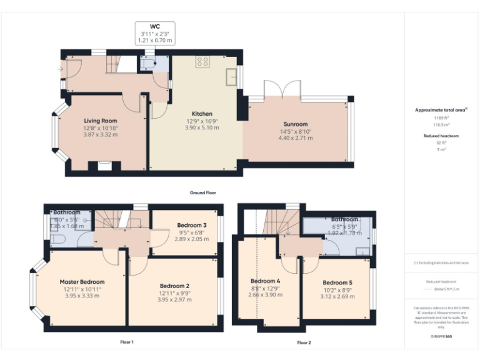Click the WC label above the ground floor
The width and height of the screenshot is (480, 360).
coord(154,27)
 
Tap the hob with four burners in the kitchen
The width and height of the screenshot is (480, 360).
coord(202,62)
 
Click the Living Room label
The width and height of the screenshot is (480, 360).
coord(101,121)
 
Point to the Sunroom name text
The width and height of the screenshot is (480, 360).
coord(296,124)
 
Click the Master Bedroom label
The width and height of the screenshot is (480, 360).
coord(82,282)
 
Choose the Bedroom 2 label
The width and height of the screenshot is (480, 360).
coord(174,286)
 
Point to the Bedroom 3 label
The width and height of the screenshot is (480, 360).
coord(191,225)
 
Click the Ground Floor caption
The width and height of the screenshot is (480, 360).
coord(203,192)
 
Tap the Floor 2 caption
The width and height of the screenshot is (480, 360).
coord(304,342)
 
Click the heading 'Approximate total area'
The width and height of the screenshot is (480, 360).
coord(441,110)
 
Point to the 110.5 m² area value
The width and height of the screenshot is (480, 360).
coord(441,124)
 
